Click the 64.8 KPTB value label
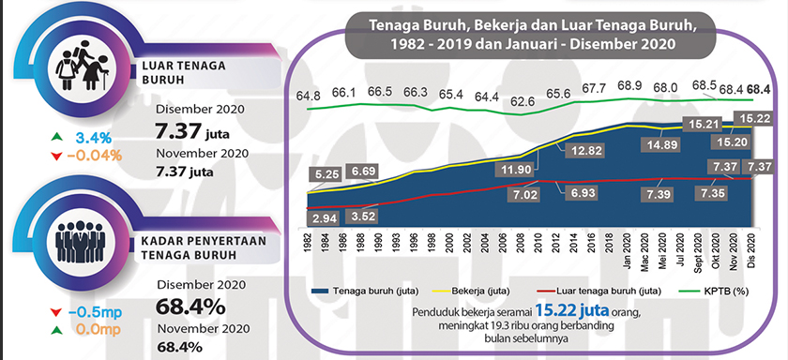click(x=308, y=96)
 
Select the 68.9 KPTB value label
click(x=629, y=86)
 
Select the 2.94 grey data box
click(x=324, y=218)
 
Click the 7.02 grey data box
click(x=523, y=195)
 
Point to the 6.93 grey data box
click(x=588, y=191)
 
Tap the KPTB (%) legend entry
click(x=727, y=290)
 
